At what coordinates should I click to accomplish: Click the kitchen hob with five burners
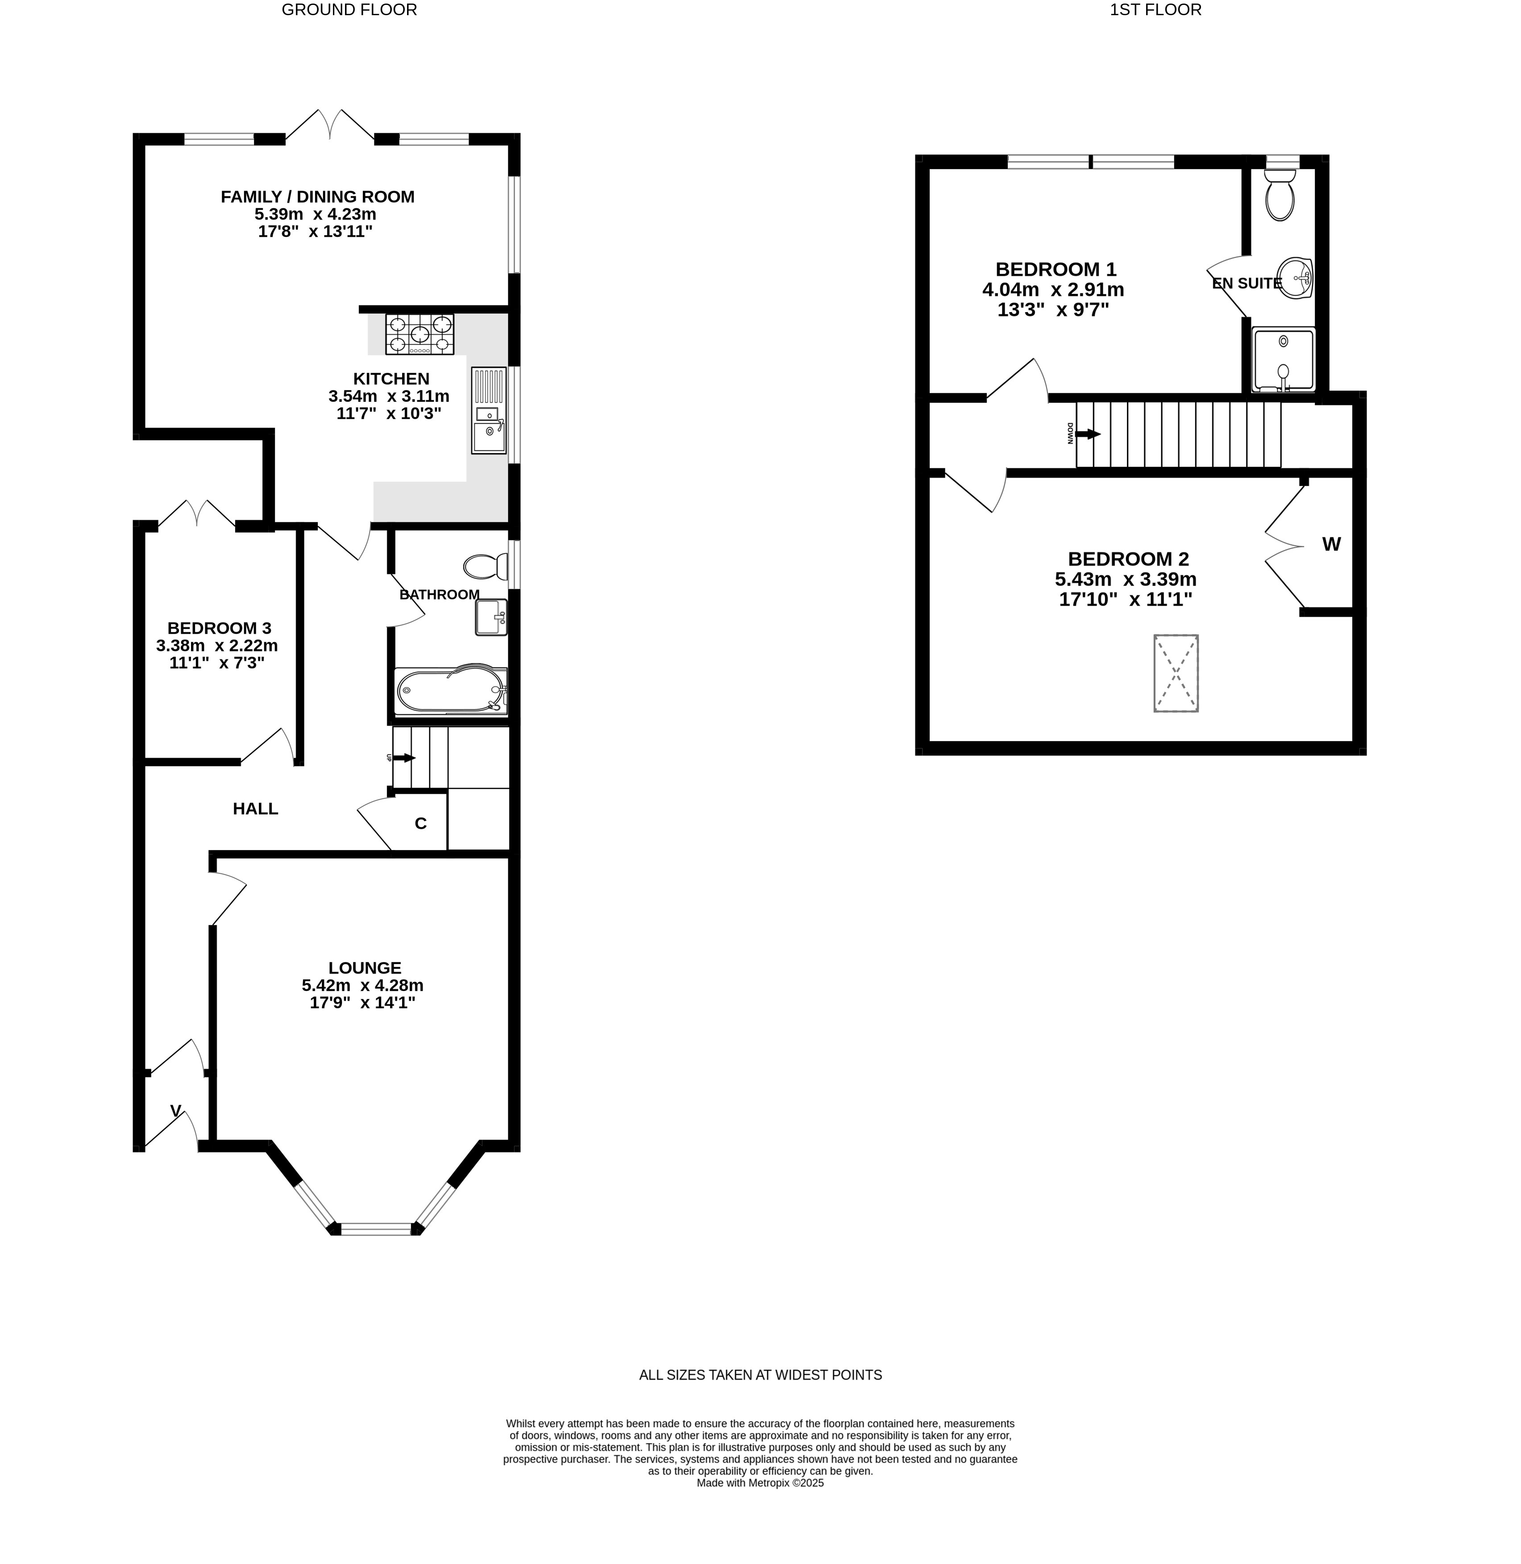420,334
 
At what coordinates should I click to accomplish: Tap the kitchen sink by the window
488,410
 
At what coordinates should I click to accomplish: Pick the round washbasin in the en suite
1295,278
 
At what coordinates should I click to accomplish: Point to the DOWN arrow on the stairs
1088,434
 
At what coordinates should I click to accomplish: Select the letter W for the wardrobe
1331,545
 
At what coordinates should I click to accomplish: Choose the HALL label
256,809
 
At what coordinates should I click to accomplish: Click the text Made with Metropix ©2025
760,1482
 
